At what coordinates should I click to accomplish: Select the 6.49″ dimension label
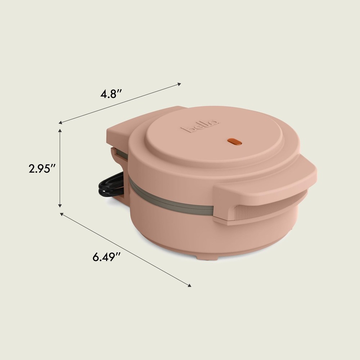[x=106, y=257]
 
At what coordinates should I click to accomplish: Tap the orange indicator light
[x=236, y=142]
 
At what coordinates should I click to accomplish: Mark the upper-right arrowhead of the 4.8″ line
[x=179, y=85]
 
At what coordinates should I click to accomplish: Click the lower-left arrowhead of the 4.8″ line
[x=61, y=123]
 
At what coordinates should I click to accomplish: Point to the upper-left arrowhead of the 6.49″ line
[x=62, y=214]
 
